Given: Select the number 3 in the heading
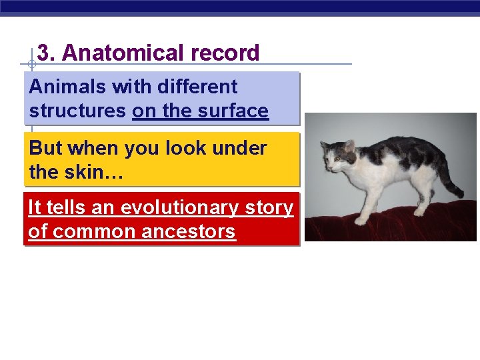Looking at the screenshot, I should point(43,53).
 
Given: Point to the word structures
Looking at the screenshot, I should point(77,111).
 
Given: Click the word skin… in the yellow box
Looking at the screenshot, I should point(93,173).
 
